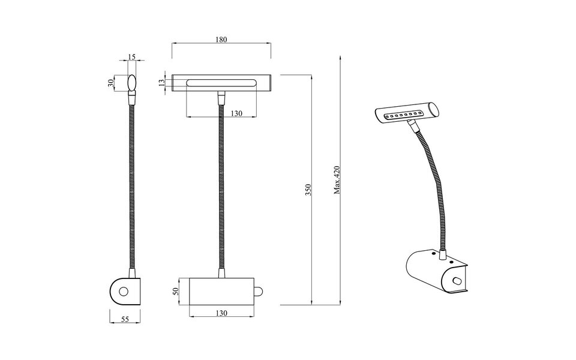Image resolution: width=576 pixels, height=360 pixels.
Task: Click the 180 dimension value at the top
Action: click(220, 40)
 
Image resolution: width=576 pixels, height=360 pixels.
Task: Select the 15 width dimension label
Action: click(132, 57)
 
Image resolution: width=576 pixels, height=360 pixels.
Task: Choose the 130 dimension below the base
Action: click(221, 313)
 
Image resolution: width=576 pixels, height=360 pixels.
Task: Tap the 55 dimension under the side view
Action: click(125, 320)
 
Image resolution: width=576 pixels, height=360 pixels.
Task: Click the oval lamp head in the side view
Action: click(132, 83)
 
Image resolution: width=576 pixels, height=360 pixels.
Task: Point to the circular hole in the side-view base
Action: click(124, 292)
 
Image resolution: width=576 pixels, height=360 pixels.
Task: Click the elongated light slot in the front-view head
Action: click(221, 82)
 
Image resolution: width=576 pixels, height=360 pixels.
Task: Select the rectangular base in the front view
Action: click(221, 291)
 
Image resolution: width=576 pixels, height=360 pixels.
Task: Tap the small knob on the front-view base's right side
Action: click(259, 292)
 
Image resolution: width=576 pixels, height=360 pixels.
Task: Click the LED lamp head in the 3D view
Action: click(406, 112)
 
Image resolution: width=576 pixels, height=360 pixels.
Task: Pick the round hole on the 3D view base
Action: click(458, 280)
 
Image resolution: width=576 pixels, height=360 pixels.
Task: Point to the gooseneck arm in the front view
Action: click(221, 186)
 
